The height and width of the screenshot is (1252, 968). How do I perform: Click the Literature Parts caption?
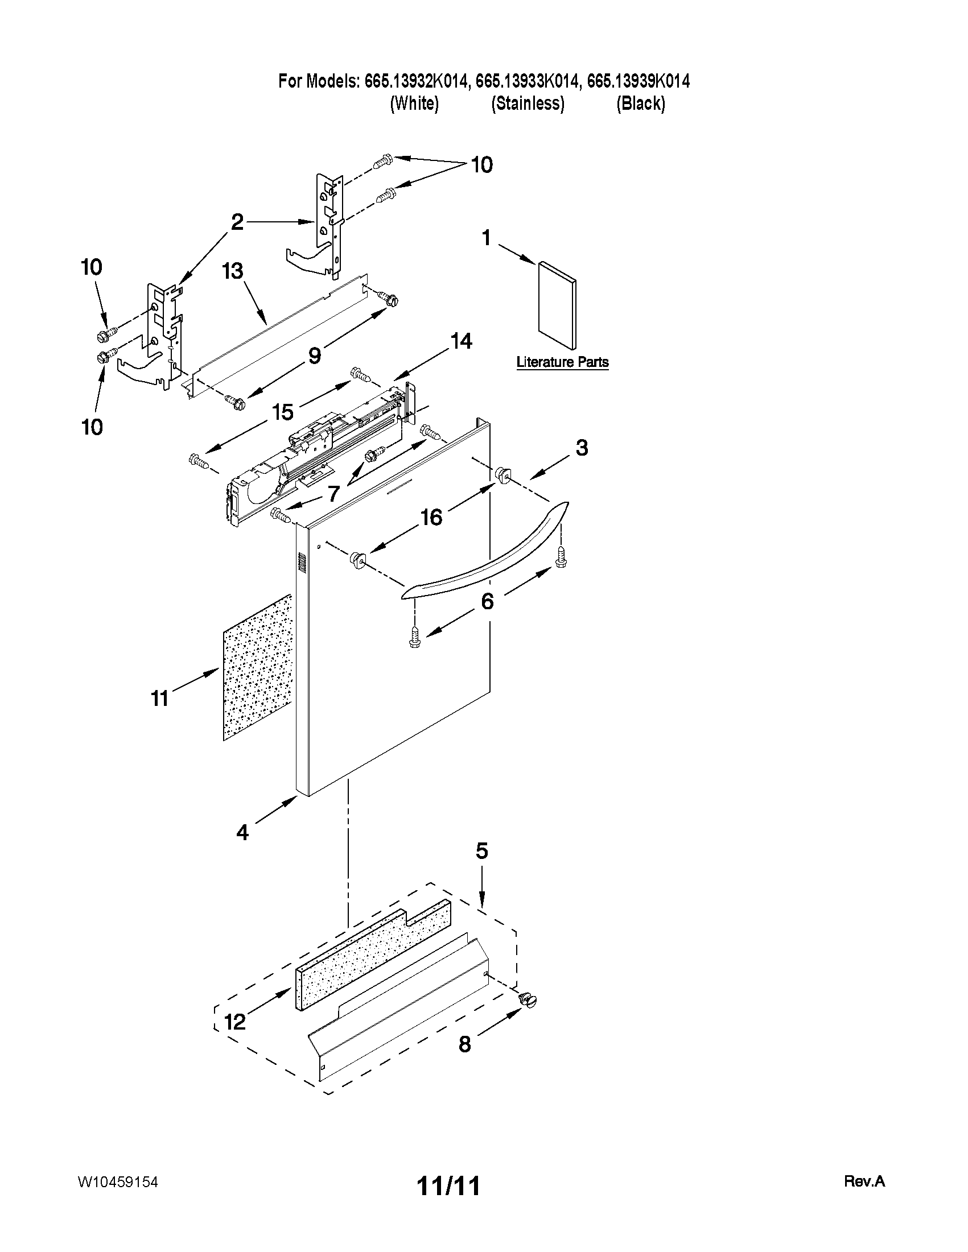point(562,362)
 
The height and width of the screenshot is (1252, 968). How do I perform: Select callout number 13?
point(233,271)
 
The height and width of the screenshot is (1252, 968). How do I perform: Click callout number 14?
point(461,342)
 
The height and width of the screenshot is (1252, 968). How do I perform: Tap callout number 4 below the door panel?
point(242,832)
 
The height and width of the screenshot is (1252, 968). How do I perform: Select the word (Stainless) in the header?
point(528,104)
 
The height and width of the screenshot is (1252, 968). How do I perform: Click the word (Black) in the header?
point(641,104)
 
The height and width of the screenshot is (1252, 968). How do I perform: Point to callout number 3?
point(582,448)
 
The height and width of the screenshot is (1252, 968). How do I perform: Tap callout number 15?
point(283,412)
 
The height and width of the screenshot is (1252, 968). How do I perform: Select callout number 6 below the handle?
point(487,601)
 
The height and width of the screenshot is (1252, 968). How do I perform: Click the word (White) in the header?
point(414,104)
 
